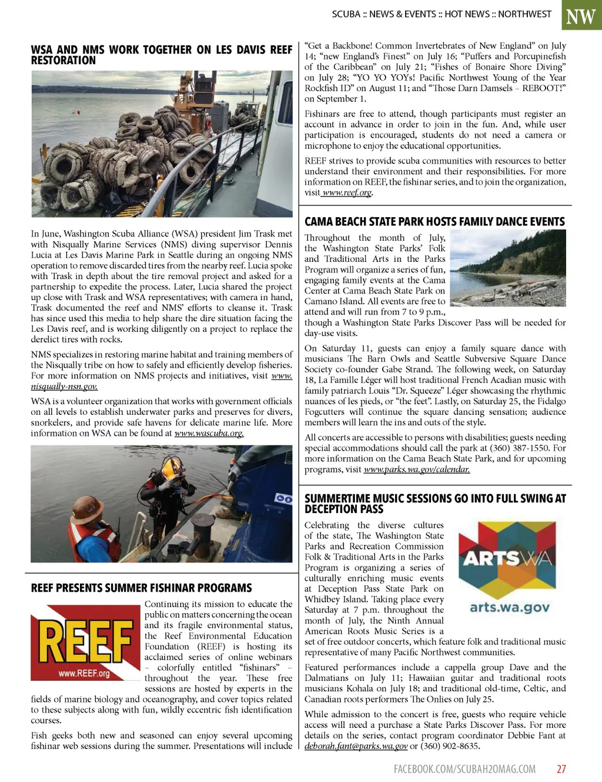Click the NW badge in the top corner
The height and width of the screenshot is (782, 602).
[x=581, y=16]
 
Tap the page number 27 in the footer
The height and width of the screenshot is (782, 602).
[x=561, y=768]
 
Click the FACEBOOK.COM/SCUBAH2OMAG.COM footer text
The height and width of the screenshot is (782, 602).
[x=464, y=768]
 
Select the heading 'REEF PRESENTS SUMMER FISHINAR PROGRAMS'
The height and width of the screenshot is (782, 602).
[x=141, y=588]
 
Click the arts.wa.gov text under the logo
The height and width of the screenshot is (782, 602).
[x=510, y=607]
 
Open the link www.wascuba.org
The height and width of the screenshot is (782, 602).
[x=209, y=434]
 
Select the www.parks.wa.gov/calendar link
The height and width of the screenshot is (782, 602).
[x=416, y=470]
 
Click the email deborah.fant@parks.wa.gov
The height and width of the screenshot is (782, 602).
[x=356, y=746]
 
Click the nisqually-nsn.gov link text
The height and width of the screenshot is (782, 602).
[x=64, y=387]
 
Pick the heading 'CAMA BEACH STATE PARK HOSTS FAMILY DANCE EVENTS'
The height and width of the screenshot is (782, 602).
[x=434, y=221]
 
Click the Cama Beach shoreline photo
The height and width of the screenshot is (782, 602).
[x=507, y=268]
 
